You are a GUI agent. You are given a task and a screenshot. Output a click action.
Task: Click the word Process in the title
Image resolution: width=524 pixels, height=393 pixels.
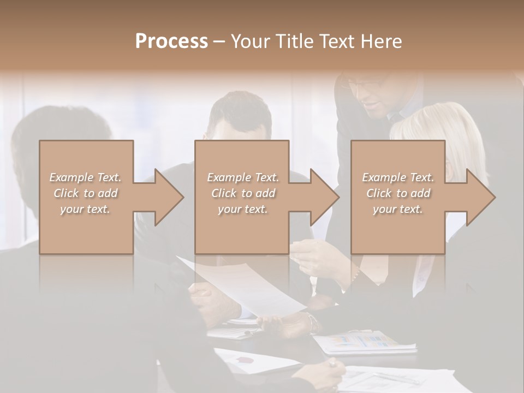coord(171,41)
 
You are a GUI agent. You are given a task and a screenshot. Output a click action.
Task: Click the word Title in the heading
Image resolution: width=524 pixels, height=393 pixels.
coord(293,41)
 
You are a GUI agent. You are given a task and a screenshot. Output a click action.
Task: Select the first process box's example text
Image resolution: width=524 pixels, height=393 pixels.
coord(85,193)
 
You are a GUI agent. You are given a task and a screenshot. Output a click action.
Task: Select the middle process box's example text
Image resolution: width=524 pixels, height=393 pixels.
coord(243,193)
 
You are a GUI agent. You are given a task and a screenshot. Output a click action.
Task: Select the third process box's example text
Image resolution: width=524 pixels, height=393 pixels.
coord(398,193)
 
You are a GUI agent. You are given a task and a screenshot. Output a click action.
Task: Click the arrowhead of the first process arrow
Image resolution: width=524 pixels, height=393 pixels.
coord(169,197)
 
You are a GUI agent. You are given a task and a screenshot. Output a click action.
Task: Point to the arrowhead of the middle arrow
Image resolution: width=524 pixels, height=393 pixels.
coord(325,197)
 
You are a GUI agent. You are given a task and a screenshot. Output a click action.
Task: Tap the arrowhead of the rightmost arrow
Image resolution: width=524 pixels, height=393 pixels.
coord(481,197)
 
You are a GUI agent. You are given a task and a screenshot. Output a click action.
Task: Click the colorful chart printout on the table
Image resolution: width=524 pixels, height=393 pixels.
coord(363,341)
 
